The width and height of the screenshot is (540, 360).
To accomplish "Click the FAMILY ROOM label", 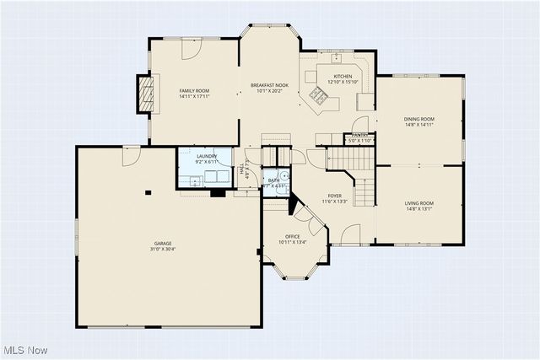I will coord(194,91).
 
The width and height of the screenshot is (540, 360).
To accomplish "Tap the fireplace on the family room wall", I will coord(147,92).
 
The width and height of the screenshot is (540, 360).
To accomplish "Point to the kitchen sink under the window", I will coord(337,58).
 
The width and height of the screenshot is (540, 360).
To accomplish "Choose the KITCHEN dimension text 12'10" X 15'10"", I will coord(343,83).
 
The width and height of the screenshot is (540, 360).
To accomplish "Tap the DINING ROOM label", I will coord(419,119).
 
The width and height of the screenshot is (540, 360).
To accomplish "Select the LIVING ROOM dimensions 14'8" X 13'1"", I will coord(419,209).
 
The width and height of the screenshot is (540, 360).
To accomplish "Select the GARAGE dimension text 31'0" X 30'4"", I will coord(163,249).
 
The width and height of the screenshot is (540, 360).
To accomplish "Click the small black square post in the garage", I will coord(148,192).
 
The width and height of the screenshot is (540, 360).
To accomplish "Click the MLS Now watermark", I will coord(26,350).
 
